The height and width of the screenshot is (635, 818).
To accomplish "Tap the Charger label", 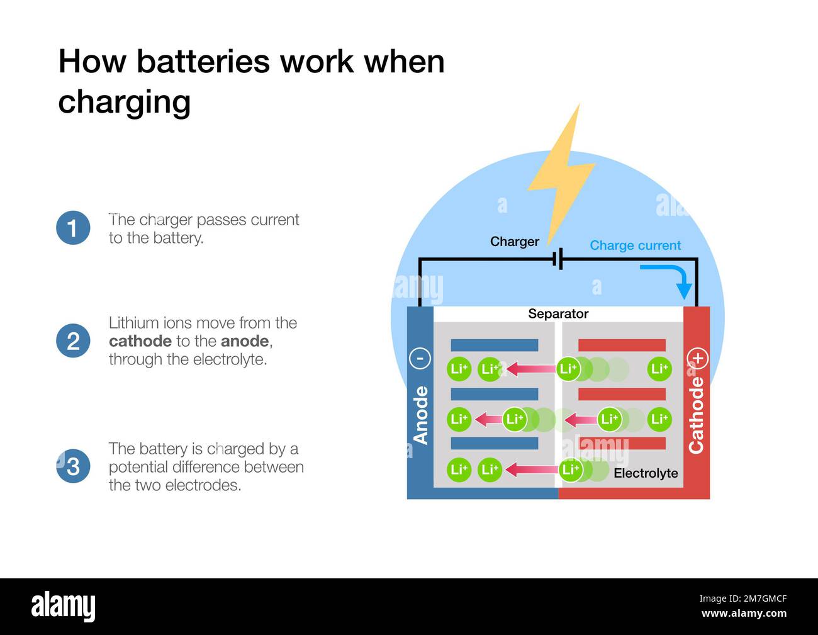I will [514, 242].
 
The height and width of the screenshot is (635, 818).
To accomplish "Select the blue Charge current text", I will [635, 245].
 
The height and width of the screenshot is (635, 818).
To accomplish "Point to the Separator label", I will [558, 313].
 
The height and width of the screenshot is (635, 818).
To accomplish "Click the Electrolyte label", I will [646, 473].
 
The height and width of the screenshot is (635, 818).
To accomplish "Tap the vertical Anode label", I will [420, 415].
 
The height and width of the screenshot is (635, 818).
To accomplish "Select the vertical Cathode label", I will [696, 415].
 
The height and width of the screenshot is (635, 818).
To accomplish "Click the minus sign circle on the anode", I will [420, 358].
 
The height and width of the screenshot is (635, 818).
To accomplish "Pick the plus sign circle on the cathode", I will [697, 358].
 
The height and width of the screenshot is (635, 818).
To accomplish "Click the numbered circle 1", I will [73, 228].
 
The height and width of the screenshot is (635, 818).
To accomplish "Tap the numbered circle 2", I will [73, 341].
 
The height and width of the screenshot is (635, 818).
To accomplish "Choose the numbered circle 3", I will [73, 466].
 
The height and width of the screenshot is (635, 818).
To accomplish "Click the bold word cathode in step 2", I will [140, 341].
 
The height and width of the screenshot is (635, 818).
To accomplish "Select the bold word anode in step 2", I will [245, 341].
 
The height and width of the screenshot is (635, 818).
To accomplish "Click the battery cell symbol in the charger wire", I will [557, 259].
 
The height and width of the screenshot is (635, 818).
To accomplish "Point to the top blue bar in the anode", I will [494, 345].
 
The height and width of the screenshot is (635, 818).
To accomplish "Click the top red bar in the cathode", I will [622, 345].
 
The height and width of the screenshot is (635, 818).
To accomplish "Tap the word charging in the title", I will [124, 102].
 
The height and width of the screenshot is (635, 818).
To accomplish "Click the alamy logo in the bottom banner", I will [63, 606].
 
